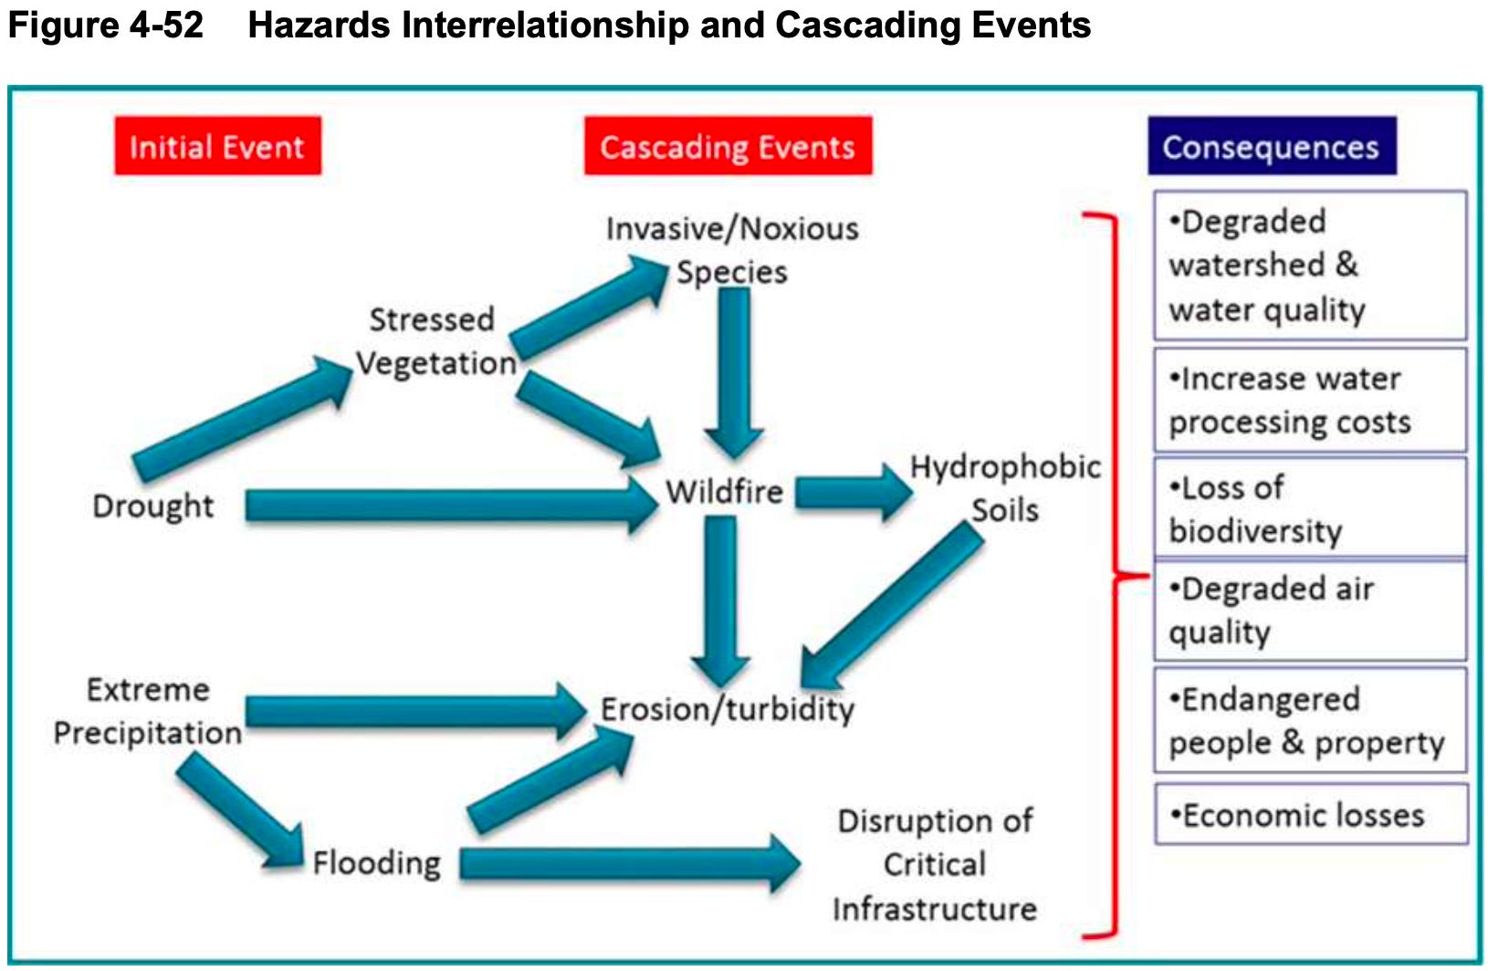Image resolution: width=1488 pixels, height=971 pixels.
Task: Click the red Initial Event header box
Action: pyautogui.click(x=217, y=146)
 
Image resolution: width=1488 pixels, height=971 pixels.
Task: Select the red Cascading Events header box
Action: pyautogui.click(x=728, y=146)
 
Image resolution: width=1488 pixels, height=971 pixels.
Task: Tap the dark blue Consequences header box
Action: pyautogui.click(x=1271, y=146)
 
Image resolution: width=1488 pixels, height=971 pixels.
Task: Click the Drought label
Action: pyautogui.click(x=152, y=506)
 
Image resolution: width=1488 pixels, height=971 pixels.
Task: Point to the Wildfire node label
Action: pyautogui.click(x=724, y=492)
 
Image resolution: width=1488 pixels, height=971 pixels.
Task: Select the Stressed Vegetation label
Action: pyautogui.click(x=435, y=341)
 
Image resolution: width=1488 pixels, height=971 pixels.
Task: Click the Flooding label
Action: pyautogui.click(x=376, y=862)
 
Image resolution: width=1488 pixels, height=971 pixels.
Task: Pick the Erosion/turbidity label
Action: pyautogui.click(x=728, y=709)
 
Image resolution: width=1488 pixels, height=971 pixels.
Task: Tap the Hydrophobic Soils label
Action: pyautogui.click(x=1005, y=488)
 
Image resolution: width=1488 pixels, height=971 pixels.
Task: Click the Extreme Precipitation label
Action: pyautogui.click(x=148, y=711)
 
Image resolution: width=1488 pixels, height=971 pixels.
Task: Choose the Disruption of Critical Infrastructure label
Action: pyautogui.click(x=935, y=864)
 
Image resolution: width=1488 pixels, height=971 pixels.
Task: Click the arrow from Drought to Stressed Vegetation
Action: pyautogui.click(x=242, y=418)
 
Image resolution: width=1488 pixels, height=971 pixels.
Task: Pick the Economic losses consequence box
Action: pyautogui.click(x=1310, y=814)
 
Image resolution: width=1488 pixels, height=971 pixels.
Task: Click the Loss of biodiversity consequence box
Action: pyautogui.click(x=1310, y=508)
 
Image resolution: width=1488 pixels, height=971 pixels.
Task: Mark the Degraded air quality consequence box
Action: pyautogui.click(x=1310, y=611)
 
